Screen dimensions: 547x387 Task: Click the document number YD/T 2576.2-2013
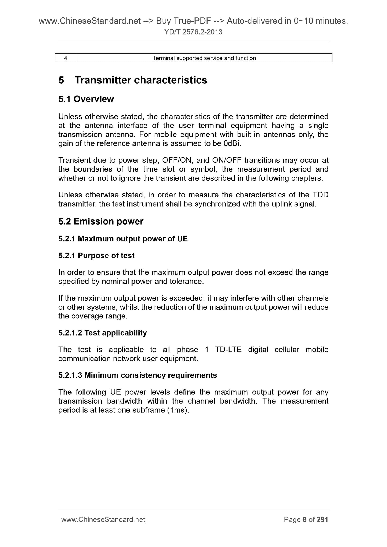click(193, 32)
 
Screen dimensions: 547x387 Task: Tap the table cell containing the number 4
click(66, 58)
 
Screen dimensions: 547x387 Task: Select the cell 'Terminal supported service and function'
click(204, 58)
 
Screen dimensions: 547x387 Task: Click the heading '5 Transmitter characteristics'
click(133, 80)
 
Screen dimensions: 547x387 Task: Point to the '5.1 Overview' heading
click(86, 99)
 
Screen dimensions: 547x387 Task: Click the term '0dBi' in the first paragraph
click(232, 144)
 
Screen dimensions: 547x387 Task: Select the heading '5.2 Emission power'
click(101, 222)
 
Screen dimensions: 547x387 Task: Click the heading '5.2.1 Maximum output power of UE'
click(123, 239)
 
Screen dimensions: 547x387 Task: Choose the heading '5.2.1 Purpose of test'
click(96, 256)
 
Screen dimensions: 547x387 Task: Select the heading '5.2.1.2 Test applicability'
click(103, 333)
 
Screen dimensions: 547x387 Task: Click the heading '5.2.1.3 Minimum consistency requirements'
click(138, 375)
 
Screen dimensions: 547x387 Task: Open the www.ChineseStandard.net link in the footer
click(103, 520)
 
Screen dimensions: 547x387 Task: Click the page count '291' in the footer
click(322, 520)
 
